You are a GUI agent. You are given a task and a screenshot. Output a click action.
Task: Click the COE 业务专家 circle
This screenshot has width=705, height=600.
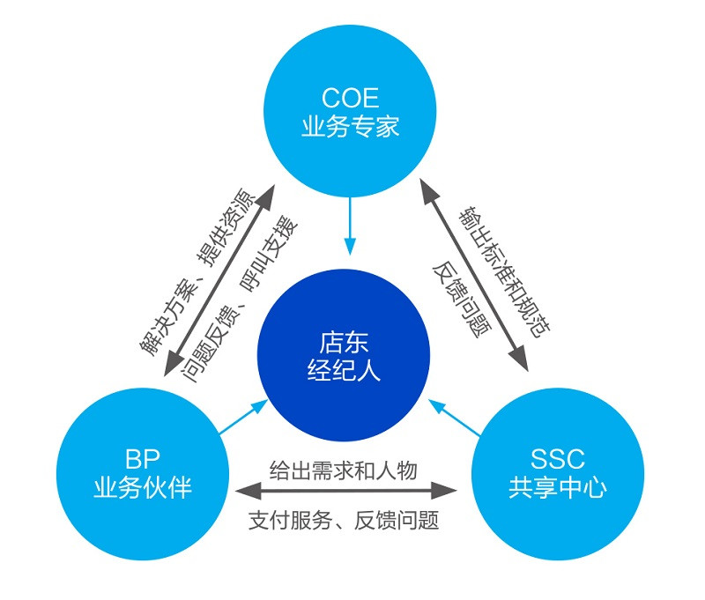(350, 110)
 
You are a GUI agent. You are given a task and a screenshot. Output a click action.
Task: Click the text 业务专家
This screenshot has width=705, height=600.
(350, 126)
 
